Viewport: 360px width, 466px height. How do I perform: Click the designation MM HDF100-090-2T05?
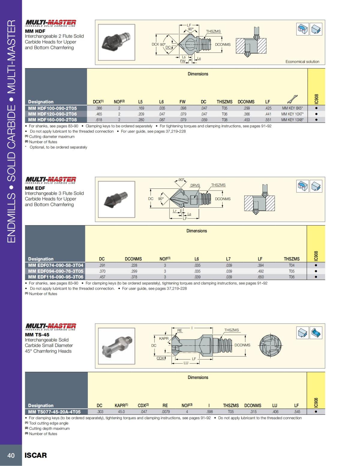[52, 108]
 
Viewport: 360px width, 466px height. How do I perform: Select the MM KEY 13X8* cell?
[292, 120]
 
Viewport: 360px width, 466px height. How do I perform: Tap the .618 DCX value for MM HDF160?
[99, 120]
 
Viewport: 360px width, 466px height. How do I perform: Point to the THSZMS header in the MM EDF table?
[291, 259]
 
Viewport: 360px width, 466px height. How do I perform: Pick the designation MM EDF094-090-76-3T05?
[55, 271]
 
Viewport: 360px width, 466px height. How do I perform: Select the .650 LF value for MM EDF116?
[260, 277]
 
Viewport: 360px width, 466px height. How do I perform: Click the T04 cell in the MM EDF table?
[291, 265]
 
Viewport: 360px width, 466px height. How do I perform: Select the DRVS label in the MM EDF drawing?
[195, 185]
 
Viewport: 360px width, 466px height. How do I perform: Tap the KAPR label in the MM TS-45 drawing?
[163, 338]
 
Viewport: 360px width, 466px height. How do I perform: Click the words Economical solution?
[302, 62]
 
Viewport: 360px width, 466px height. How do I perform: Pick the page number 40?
[11, 455]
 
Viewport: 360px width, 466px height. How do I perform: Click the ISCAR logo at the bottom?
[36, 455]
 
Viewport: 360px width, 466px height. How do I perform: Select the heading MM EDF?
[35, 188]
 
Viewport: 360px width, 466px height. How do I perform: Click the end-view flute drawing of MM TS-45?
[271, 346]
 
